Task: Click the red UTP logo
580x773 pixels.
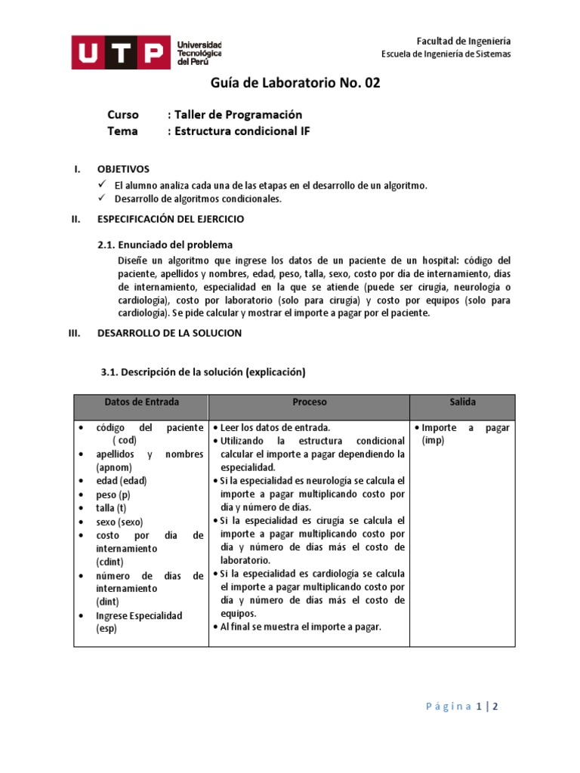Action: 120,52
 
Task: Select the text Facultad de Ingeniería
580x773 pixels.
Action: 464,41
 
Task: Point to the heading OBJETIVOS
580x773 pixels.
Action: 124,169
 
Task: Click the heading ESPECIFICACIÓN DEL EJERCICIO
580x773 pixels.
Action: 171,219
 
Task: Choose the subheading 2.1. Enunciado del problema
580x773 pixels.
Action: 165,245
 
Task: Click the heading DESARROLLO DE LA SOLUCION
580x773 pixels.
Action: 170,333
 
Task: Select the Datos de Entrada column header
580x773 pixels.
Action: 142,402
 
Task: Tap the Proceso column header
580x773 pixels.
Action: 310,402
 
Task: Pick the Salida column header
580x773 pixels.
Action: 462,402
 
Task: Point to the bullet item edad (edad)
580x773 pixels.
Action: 121,481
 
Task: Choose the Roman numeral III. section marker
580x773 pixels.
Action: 74,333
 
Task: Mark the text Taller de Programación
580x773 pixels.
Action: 238,115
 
